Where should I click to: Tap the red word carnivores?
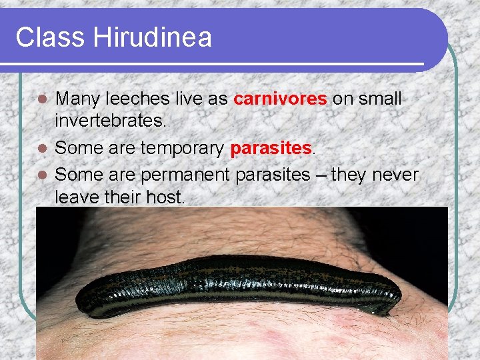(280, 99)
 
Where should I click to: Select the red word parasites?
(271, 147)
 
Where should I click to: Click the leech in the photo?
(240, 283)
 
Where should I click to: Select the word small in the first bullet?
(380, 99)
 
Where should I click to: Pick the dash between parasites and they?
(321, 175)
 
